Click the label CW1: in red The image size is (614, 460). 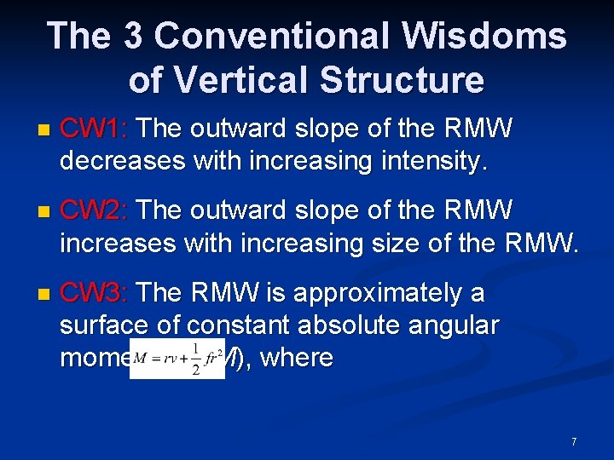coord(94,129)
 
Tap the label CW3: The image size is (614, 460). coord(94,294)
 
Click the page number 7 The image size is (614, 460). coord(574,441)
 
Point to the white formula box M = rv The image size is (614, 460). coord(177,357)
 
